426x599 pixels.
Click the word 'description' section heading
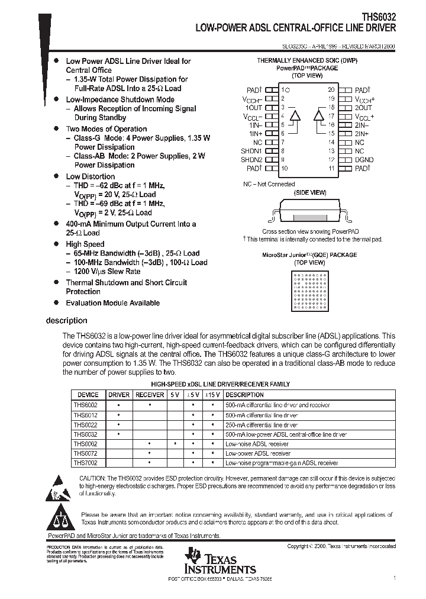[66, 321]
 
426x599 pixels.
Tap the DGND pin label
[364, 160]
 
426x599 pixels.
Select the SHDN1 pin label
[251, 151]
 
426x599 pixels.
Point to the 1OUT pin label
[253, 108]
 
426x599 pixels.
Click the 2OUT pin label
[363, 108]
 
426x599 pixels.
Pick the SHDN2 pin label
[251, 160]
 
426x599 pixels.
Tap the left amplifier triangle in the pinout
[296, 115]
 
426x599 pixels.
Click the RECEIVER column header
[150, 395]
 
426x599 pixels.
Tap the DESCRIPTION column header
[245, 395]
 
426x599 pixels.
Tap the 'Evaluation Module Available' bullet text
[112, 303]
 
